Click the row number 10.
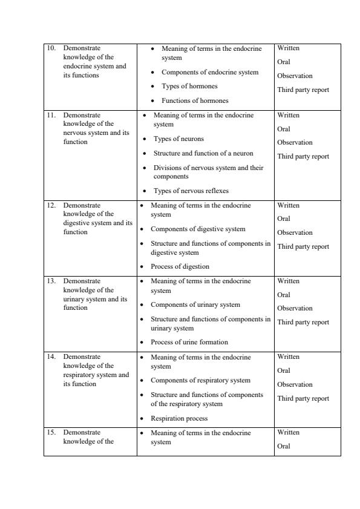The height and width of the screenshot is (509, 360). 51,48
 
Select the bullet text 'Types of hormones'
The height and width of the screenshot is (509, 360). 189,87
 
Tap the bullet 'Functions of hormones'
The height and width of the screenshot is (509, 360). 194,101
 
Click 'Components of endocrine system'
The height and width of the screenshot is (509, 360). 209,73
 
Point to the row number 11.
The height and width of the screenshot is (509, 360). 51,115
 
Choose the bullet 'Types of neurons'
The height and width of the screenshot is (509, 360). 178,139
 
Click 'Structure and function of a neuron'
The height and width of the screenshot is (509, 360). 203,154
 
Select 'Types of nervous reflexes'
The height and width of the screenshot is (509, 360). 191,191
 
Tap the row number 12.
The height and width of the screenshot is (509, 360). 51,205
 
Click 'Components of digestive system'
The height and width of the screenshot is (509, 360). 198,229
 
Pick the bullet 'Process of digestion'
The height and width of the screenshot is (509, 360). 180,267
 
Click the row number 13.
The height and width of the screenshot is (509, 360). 51,281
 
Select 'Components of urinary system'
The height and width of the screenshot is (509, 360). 195,305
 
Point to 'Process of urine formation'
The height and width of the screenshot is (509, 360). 189,343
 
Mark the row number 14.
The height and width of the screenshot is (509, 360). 51,357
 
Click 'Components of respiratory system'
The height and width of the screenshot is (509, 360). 200,381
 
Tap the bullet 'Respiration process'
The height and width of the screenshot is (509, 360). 178,419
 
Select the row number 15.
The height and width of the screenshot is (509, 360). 51,433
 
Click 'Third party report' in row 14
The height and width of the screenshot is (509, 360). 303,399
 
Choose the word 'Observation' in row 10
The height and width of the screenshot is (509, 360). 295,76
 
